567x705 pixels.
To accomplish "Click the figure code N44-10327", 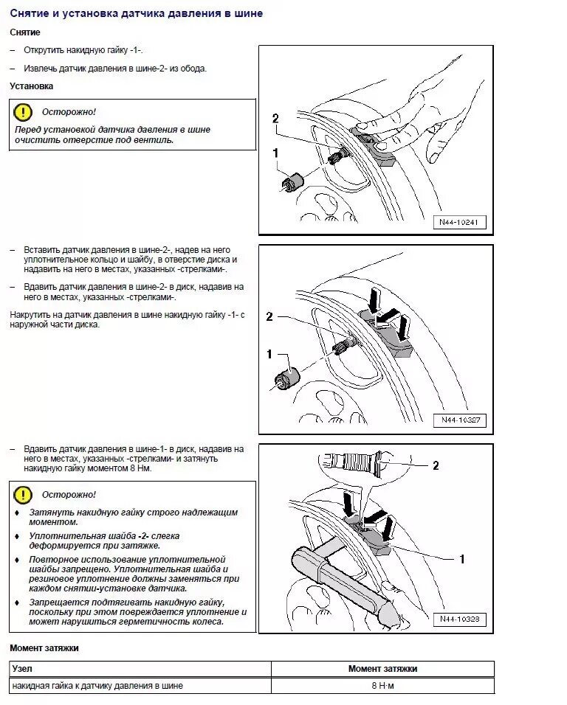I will pyautogui.click(x=459, y=420).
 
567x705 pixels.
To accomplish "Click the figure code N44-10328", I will pyautogui.click(x=459, y=619).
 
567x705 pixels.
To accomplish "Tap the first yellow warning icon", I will pyautogui.click(x=23, y=112).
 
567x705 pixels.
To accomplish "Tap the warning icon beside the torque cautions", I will pyautogui.click(x=23, y=494).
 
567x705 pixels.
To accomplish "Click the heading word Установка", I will pyautogui.click(x=31, y=86).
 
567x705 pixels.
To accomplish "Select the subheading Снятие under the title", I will pyautogui.click(x=25, y=32).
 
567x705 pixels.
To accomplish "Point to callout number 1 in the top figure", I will pyautogui.click(x=275, y=153).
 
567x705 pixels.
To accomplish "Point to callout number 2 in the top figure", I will pyautogui.click(x=275, y=118).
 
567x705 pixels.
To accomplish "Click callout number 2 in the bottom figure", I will pyautogui.click(x=436, y=465).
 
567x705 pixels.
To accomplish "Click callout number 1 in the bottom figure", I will pyautogui.click(x=462, y=559).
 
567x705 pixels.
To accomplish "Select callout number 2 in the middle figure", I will pyautogui.click(x=269, y=316).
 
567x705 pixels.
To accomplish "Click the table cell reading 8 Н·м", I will pyautogui.click(x=382, y=686).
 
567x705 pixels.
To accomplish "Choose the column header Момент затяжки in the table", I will pyautogui.click(x=382, y=669).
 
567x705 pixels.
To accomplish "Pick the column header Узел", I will pyautogui.click(x=23, y=669).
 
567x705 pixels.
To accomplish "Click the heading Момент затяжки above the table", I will pyautogui.click(x=44, y=648).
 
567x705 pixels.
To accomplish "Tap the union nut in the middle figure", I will pyautogui.click(x=286, y=374).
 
